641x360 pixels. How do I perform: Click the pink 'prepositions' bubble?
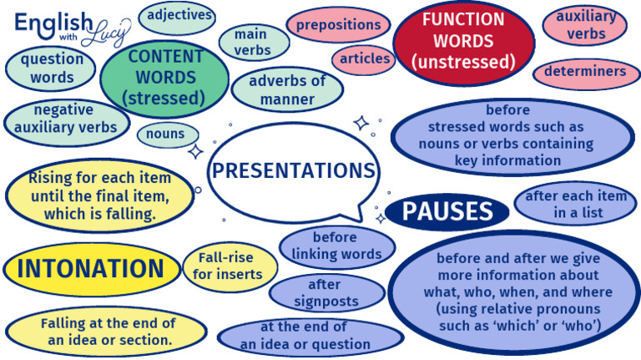[338, 25]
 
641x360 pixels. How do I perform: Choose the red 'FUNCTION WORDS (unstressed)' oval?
[462, 39]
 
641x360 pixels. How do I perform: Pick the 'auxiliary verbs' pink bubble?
[585, 25]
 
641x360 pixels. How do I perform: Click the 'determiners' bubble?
[584, 72]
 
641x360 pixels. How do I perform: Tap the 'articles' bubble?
[365, 58]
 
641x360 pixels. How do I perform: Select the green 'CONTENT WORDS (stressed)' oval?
[164, 78]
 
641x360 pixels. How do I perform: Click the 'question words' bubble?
[52, 68]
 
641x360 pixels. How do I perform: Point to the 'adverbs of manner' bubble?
[286, 90]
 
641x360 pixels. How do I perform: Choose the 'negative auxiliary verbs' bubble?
[65, 120]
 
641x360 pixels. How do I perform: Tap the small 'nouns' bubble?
[166, 134]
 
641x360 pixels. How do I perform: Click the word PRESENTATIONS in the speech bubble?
[293, 171]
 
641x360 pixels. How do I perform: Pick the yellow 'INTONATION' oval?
[91, 269]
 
